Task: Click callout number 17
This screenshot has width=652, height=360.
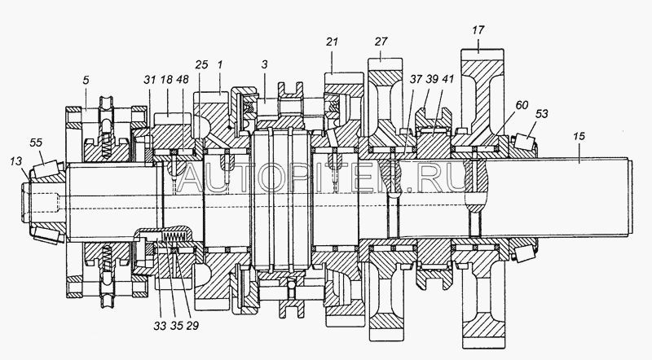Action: tap(478, 30)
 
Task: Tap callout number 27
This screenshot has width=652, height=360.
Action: tap(381, 42)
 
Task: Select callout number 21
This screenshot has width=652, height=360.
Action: tap(332, 42)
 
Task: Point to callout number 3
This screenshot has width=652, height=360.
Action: tap(264, 65)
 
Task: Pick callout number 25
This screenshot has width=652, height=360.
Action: tap(201, 65)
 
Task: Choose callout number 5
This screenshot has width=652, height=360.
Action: tap(86, 81)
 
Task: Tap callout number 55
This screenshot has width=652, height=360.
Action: tap(36, 143)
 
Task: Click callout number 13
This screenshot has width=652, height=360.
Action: tap(15, 161)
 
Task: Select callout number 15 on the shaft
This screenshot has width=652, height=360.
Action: tap(579, 136)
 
